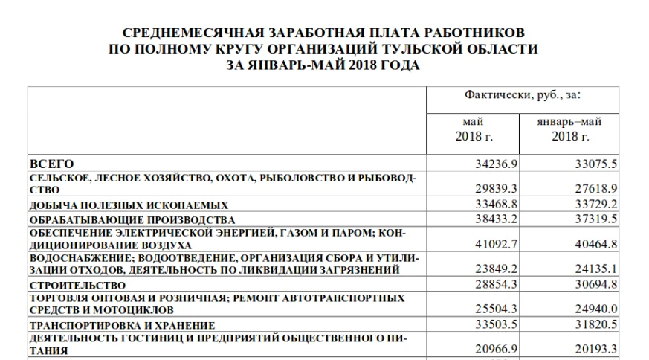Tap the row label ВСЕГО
(x=51, y=164)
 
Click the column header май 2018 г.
(x=474, y=129)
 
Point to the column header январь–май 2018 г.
(x=569, y=129)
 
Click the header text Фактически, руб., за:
(x=522, y=96)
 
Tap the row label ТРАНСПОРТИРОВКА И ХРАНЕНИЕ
(x=122, y=325)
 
